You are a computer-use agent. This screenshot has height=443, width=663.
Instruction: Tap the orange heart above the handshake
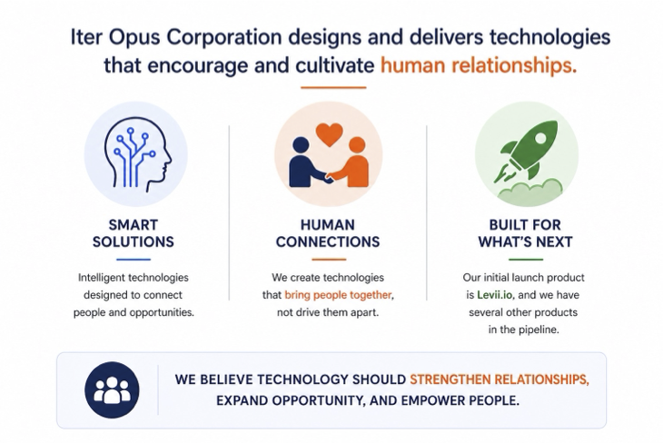[328, 134]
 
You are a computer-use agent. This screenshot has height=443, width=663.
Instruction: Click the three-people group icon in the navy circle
[112, 389]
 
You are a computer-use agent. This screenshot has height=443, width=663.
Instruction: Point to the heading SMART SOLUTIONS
[134, 232]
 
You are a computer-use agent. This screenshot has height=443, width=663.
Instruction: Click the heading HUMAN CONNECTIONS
[328, 232]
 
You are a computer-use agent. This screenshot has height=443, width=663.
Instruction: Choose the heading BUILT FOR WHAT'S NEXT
[526, 232]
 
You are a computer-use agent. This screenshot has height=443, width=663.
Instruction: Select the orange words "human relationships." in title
[478, 66]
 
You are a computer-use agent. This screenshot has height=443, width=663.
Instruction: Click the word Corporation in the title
[217, 38]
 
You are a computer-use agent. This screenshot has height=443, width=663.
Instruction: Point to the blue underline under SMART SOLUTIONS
[134, 259]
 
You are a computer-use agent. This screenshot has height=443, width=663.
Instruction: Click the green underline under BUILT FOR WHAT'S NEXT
[526, 259]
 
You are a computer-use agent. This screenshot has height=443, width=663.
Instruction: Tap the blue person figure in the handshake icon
[303, 163]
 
